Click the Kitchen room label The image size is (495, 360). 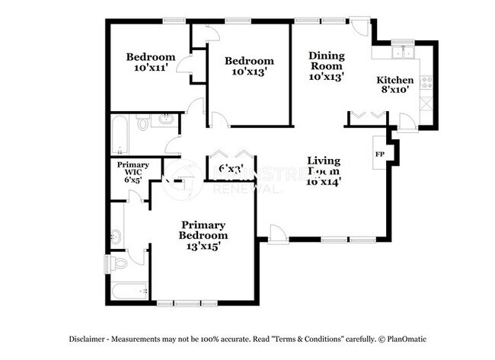click(395, 80)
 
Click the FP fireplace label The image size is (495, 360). click(379, 155)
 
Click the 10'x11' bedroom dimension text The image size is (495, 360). click(150, 67)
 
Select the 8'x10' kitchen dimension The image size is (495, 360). click(395, 90)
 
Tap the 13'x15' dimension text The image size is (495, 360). click(203, 246)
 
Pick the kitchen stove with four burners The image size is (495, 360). click(426, 80)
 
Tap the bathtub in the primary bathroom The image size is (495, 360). click(129, 290)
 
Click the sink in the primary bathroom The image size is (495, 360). click(117, 236)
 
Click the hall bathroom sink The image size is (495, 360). click(165, 119)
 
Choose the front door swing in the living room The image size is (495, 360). click(278, 235)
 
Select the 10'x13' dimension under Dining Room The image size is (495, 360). click(326, 75)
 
